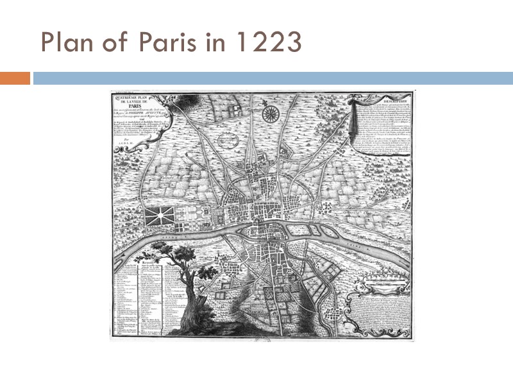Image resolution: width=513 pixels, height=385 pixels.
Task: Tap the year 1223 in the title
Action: (x=268, y=42)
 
